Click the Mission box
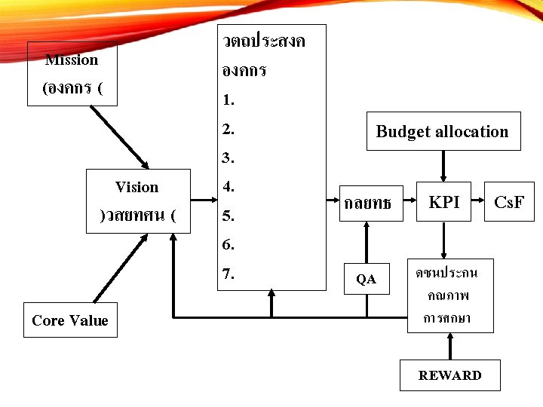tap(72, 74)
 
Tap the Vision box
tap(138, 200)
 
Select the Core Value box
tap(70, 320)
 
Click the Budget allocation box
tap(443, 132)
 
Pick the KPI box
tap(443, 202)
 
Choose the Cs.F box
tap(509, 202)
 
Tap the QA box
tap(367, 279)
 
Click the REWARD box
tap(449, 375)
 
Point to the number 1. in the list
tap(229, 99)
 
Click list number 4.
tap(229, 186)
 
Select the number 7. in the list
tap(229, 274)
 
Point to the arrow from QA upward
tap(367, 240)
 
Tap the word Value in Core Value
tap(90, 320)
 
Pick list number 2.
tap(229, 129)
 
